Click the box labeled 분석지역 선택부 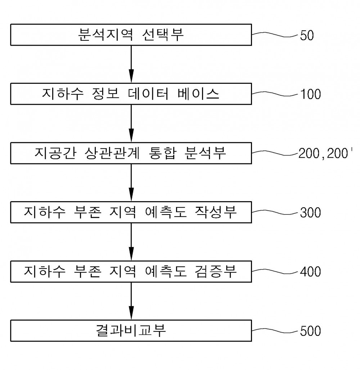point(131,35)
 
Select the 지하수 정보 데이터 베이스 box point(131,94)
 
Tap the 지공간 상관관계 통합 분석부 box point(131,153)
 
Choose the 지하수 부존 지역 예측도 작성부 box point(131,212)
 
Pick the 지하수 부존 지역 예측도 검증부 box point(131,272)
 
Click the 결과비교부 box point(131,331)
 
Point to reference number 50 point(307,36)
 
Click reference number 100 point(310,94)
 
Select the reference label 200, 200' point(325,153)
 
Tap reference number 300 point(310,213)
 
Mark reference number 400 point(310,272)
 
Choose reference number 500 point(310,331)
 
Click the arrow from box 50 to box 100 point(131,64)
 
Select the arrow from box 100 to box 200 point(131,123)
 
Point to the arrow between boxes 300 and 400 point(131,242)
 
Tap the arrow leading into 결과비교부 point(131,301)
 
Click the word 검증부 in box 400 point(216,271)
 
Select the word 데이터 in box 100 point(148,94)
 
